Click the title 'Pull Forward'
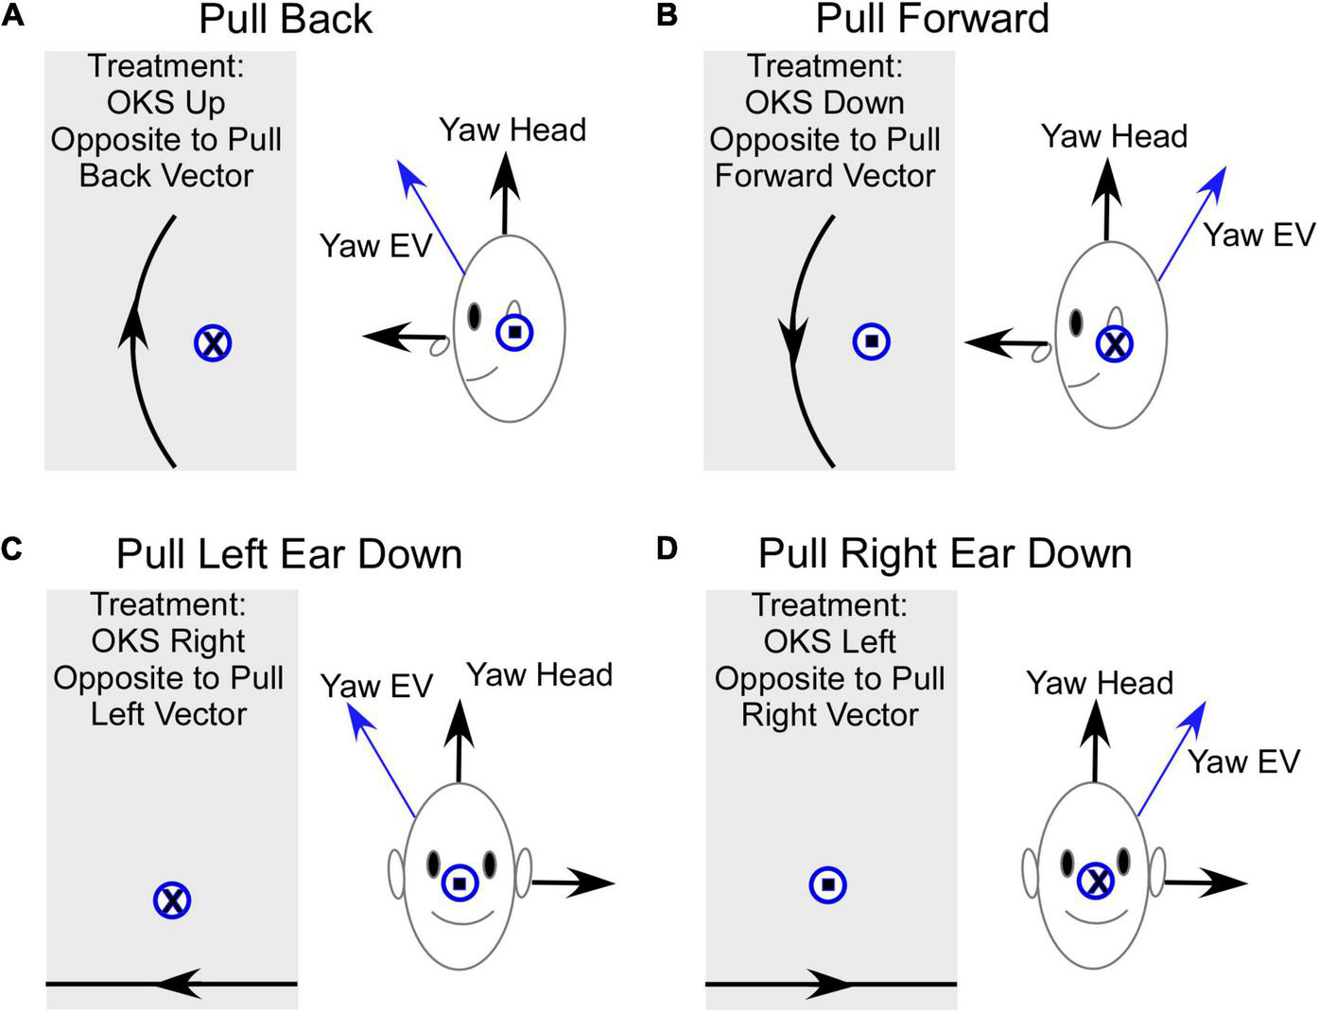tap(932, 19)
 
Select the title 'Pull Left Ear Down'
tap(289, 554)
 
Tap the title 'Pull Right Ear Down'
tap(945, 554)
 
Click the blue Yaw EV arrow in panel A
tap(430, 217)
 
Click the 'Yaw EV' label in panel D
tap(1243, 762)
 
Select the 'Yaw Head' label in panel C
tap(539, 675)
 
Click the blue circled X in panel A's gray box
tap(214, 343)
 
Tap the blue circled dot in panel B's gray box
tap(871, 341)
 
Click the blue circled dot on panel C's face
tap(460, 883)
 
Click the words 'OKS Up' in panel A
tap(166, 102)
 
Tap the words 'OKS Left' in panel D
tap(829, 641)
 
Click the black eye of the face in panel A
tap(474, 316)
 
